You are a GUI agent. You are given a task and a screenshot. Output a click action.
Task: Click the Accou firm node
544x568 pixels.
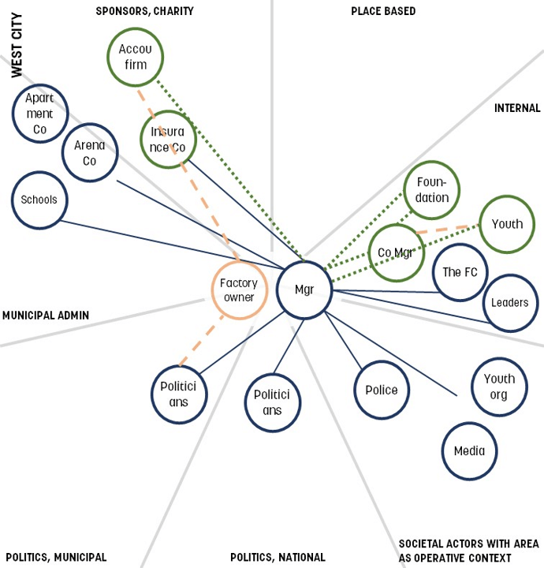point(135,57)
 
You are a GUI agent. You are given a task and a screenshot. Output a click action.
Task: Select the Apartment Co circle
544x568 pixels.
point(39,114)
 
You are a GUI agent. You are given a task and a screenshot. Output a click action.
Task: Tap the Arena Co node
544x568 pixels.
point(89,152)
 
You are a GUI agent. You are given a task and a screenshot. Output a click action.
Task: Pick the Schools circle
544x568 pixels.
point(39,200)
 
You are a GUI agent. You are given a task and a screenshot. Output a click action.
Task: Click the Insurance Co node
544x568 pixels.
point(168,140)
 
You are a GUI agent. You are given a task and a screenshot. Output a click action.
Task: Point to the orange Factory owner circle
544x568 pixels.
point(238,290)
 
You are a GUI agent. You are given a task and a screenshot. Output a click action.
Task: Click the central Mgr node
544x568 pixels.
point(304,290)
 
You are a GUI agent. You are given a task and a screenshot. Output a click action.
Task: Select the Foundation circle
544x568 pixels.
point(431,191)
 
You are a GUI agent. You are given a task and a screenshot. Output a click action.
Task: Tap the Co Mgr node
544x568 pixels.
point(397,252)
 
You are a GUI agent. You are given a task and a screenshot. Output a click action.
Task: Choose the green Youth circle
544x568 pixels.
point(507,224)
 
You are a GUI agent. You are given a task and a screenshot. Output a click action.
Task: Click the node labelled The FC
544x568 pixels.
point(460,272)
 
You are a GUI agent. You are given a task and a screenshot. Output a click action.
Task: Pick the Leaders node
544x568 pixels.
point(510,303)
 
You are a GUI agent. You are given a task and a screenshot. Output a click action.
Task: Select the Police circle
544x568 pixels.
point(382,390)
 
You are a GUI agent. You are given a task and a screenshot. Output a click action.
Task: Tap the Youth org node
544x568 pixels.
point(499,387)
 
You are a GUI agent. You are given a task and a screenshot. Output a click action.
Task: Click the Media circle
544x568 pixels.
point(470,451)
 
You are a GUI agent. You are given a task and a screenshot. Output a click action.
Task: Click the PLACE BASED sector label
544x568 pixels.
point(383,11)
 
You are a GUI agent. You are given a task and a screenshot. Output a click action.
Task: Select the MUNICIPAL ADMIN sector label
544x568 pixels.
point(46,316)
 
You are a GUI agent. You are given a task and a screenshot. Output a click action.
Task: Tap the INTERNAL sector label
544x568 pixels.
point(517,108)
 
